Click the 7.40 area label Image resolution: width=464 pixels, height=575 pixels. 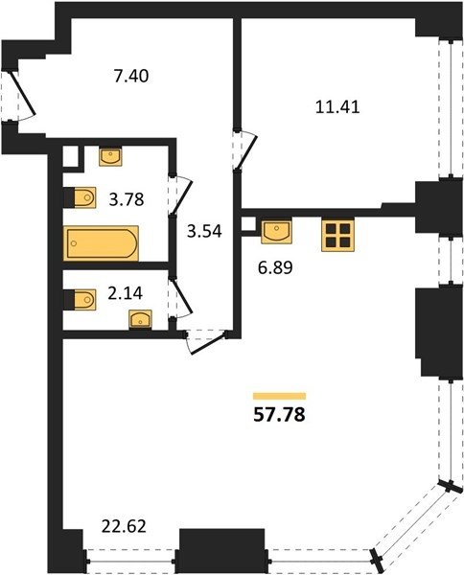[131, 77]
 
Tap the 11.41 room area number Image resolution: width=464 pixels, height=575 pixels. [337, 107]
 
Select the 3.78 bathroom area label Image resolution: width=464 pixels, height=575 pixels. [127, 200]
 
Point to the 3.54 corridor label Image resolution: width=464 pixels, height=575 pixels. [204, 231]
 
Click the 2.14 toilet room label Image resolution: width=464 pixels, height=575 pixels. [125, 293]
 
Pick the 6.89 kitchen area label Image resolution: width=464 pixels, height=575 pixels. [275, 268]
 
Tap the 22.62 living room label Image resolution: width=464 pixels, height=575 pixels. [124, 526]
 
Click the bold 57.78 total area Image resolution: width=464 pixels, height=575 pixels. [279, 415]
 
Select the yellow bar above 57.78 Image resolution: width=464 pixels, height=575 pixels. [280, 396]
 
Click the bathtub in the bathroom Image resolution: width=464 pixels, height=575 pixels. [101, 243]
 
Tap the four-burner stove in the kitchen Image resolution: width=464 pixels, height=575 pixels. [337, 235]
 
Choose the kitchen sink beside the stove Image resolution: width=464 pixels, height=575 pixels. [276, 232]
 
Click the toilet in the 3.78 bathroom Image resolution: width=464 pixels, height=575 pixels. [81, 197]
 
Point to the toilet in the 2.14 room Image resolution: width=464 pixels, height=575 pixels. [81, 300]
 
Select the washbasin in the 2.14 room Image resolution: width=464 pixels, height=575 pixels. [140, 320]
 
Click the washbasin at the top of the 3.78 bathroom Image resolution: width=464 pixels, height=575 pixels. [110, 157]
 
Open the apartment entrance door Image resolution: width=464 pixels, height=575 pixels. [23, 95]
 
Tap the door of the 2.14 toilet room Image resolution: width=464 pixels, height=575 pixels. [181, 298]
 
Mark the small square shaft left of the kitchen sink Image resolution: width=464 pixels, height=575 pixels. [249, 224]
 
